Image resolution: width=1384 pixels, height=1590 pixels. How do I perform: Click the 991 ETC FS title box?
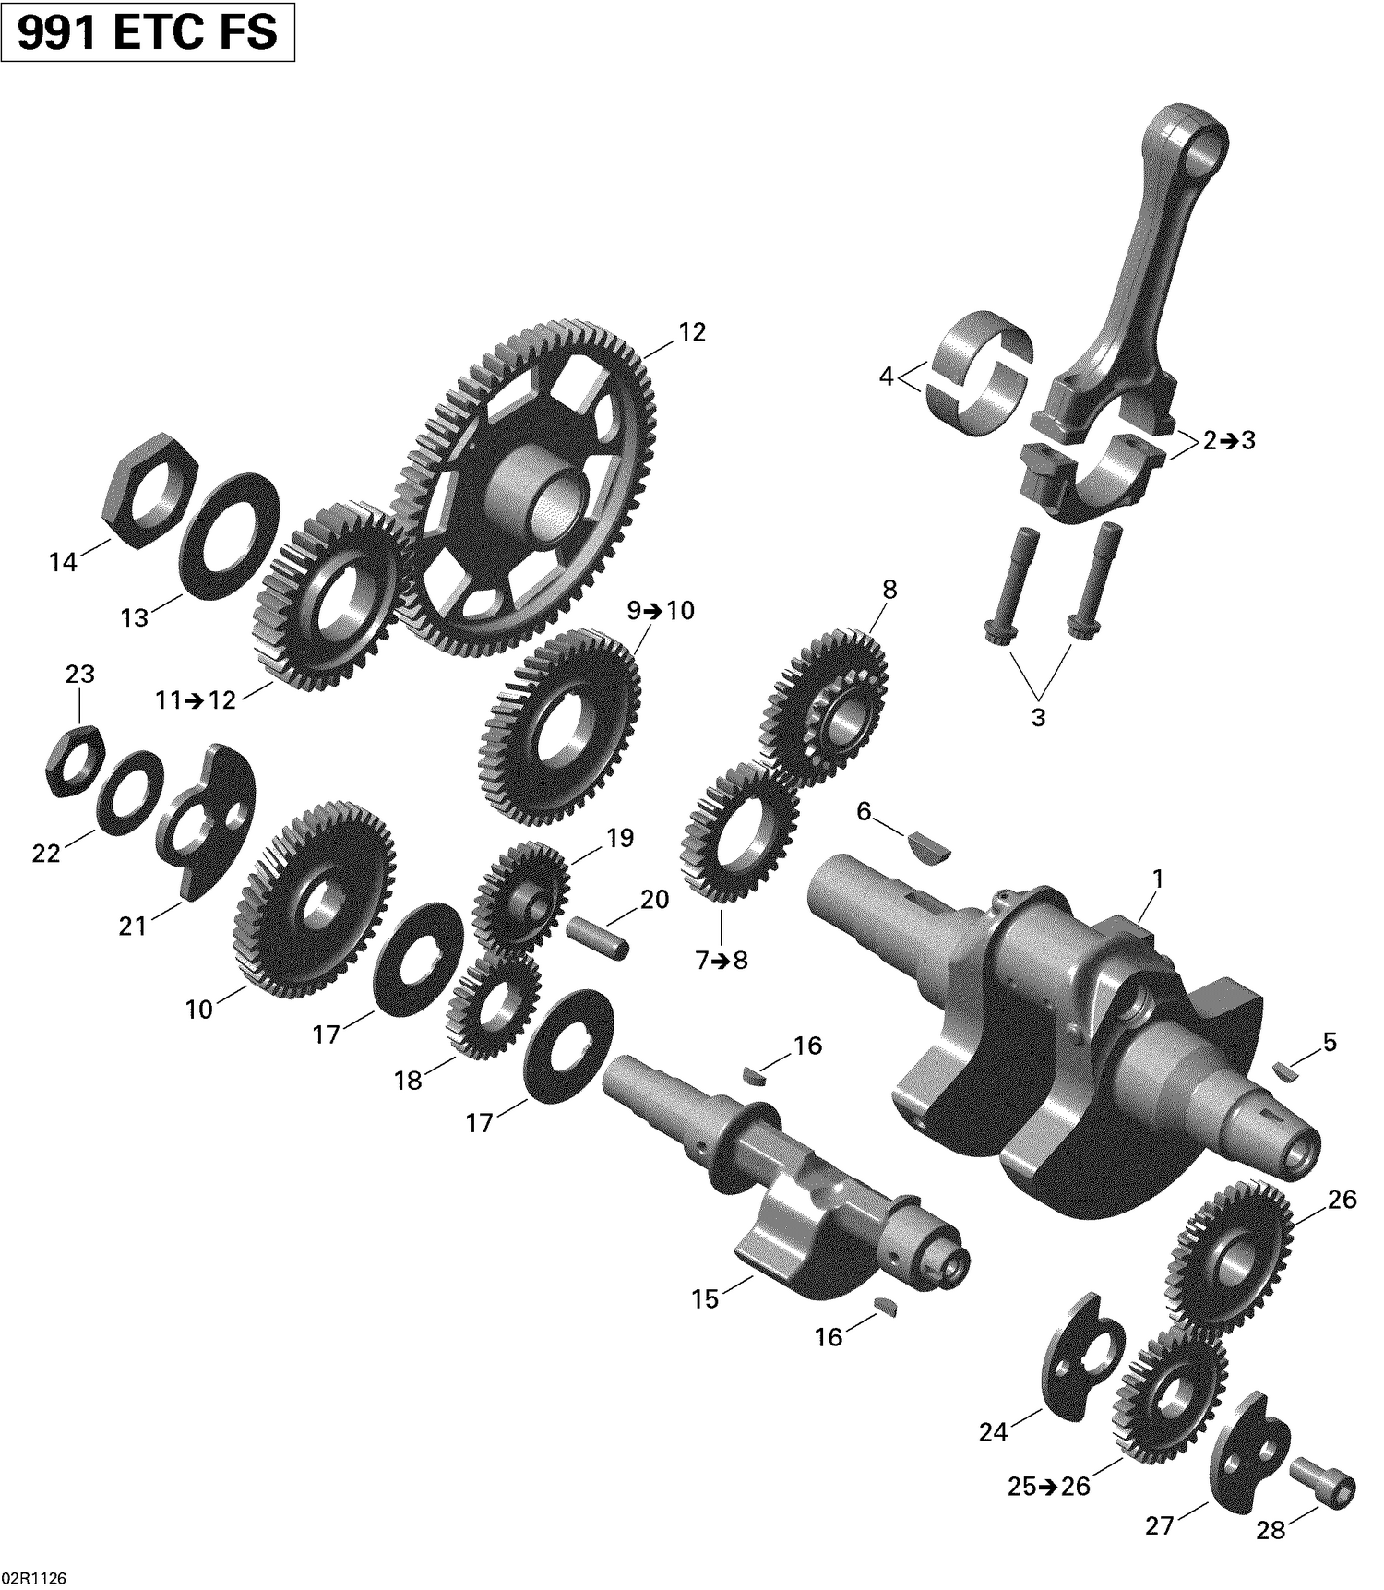(x=148, y=32)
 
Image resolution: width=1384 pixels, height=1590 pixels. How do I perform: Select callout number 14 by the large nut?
(x=63, y=561)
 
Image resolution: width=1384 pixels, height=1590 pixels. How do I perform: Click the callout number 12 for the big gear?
(x=691, y=332)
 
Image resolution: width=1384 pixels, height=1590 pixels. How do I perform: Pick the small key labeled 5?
(x=1283, y=1072)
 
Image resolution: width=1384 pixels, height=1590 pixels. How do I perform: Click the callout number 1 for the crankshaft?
(x=1157, y=879)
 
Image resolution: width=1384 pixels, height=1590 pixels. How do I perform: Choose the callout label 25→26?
(x=1048, y=1487)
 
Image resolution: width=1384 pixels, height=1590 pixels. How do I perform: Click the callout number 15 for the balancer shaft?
(x=705, y=1299)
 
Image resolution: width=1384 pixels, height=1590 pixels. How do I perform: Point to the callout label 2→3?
(x=1229, y=441)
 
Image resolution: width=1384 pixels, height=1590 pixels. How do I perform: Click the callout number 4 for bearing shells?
(x=887, y=377)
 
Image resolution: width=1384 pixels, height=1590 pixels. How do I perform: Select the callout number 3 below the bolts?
(x=1038, y=717)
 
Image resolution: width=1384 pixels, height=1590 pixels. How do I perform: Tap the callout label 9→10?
(x=661, y=611)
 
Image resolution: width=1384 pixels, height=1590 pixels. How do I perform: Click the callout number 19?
(x=620, y=838)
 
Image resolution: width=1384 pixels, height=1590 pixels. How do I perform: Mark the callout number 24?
(x=993, y=1431)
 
